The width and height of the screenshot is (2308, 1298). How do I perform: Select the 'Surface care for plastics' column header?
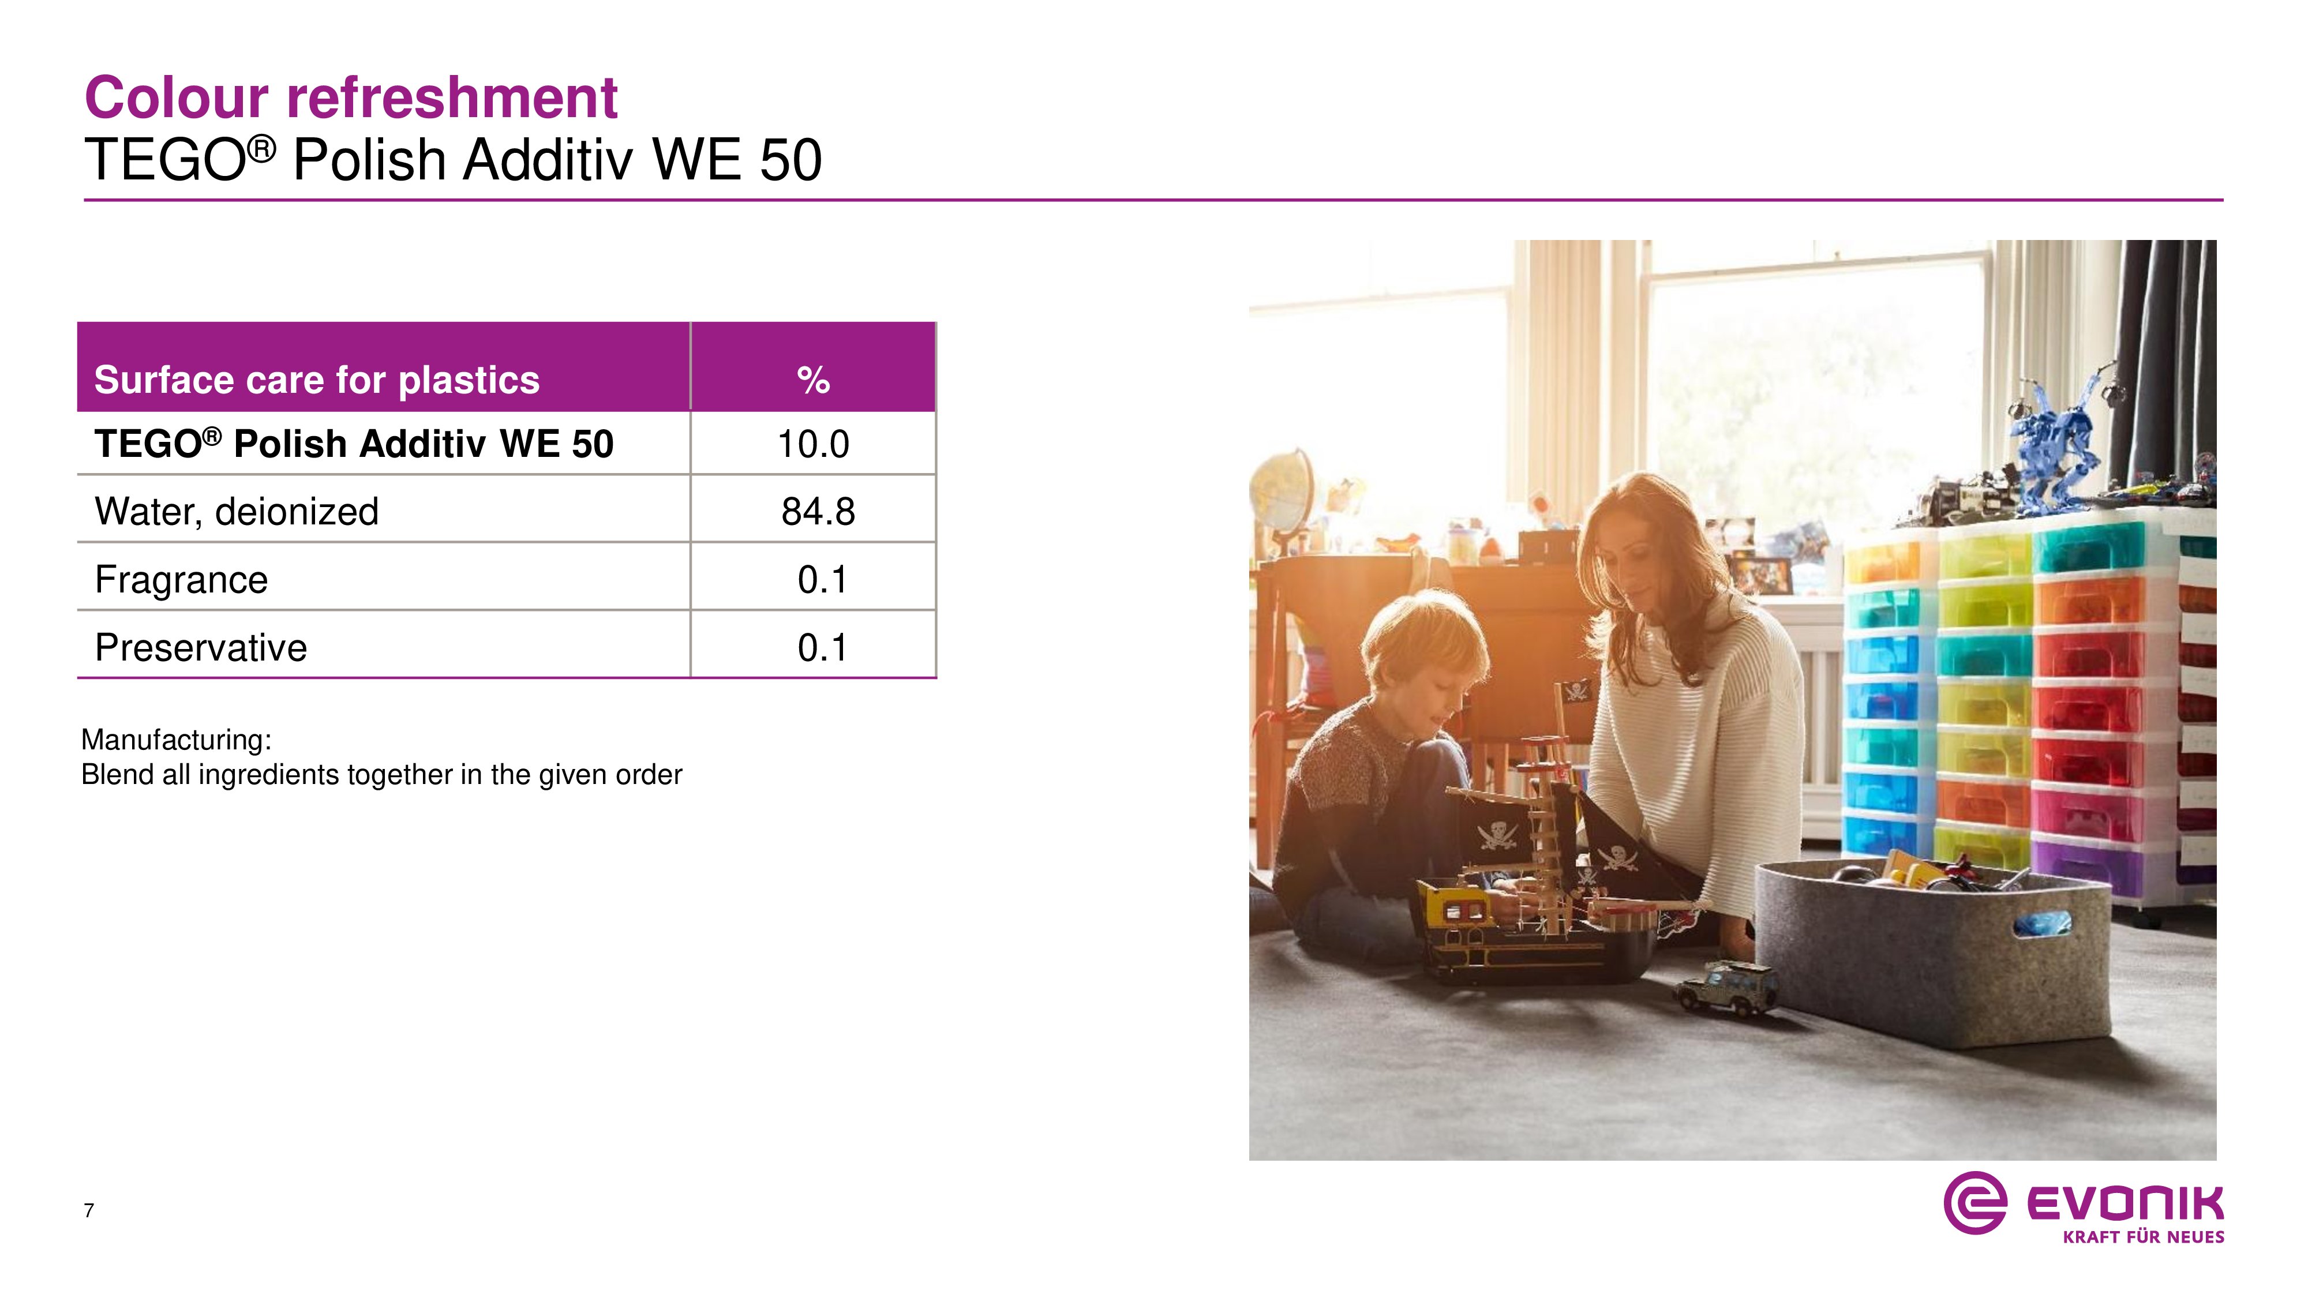click(317, 380)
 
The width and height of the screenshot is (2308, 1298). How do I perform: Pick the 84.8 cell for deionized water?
click(817, 512)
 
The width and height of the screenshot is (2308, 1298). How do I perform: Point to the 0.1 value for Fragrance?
click(822, 580)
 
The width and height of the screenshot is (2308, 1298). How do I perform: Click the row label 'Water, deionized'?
click(237, 512)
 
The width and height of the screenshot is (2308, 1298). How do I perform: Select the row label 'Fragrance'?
click(181, 580)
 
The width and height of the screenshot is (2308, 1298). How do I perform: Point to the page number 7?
click(89, 1210)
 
